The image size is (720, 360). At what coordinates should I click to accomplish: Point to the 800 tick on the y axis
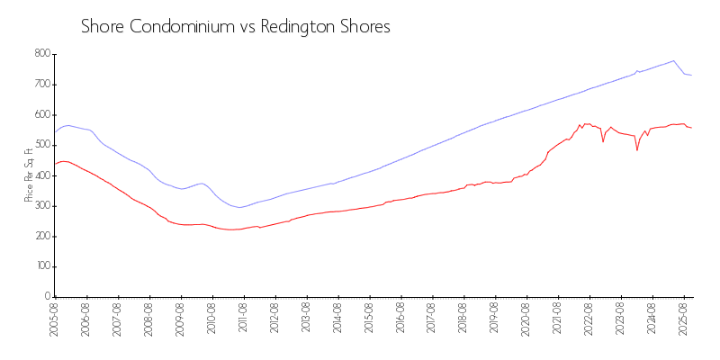coord(40,54)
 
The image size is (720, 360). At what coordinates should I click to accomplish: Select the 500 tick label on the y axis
coord(40,145)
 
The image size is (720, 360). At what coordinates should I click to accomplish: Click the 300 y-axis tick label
coord(40,206)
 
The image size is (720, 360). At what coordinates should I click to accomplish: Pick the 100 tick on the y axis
coord(40,267)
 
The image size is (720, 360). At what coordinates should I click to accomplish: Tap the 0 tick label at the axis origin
coord(47,297)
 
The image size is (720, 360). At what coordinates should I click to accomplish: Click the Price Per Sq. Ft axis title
coord(29,175)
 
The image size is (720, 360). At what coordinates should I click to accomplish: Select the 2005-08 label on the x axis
coord(55,319)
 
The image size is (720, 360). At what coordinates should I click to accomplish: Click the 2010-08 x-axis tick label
coord(211,319)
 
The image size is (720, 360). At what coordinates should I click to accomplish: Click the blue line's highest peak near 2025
coord(673,60)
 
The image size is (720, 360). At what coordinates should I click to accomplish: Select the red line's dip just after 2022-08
coord(603,142)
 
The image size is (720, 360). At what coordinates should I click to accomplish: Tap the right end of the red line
coord(691,128)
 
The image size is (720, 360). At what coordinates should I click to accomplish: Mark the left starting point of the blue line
coord(55,132)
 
